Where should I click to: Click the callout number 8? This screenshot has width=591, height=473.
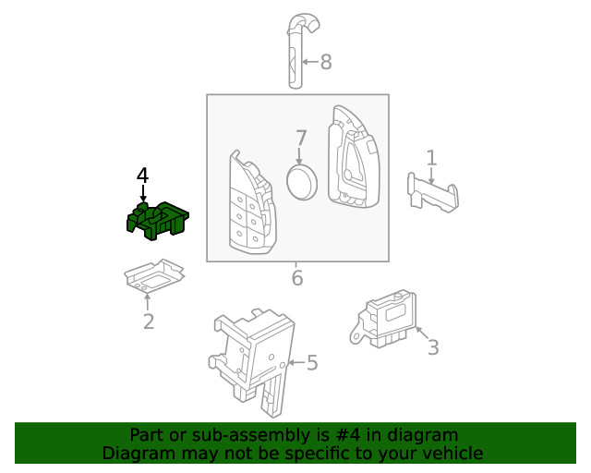[325, 63]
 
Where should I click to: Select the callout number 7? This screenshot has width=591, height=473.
[301, 139]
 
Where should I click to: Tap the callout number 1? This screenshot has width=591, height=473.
[431, 157]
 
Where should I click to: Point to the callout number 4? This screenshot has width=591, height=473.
[142, 175]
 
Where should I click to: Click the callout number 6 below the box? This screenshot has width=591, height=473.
[296, 277]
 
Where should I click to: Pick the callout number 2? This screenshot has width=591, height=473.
[148, 321]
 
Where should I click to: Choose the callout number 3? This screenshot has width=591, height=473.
[432, 347]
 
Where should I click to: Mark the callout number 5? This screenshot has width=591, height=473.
[312, 363]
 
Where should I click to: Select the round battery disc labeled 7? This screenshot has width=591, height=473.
[302, 181]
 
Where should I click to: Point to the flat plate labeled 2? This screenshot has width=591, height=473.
[153, 276]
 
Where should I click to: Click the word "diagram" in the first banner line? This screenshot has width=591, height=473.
[424, 434]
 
